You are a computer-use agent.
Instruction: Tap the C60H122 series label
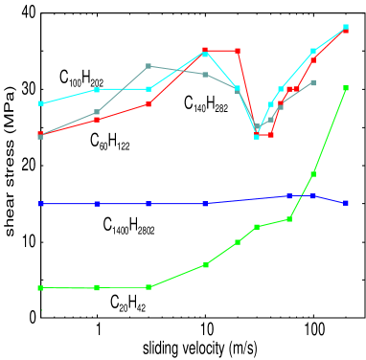pos(109,142)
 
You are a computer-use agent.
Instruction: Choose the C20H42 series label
pos(127,303)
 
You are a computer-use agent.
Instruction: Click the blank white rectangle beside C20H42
pos(69,302)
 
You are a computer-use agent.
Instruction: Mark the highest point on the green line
pos(347,89)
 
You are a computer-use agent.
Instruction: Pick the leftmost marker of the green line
pos(40,287)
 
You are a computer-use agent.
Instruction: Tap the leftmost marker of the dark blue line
pos(40,204)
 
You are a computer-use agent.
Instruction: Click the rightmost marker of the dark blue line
pos(347,204)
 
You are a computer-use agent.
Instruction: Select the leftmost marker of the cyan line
pos(40,103)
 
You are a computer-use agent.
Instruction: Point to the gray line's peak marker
pos(149,66)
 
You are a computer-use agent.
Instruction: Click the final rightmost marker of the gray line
pos(313,82)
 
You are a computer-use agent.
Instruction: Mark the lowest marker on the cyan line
pos(257,136)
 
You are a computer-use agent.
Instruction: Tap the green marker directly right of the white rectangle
pos(98,287)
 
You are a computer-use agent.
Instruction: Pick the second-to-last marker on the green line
pos(313,174)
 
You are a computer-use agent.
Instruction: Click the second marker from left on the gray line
pos(98,113)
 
